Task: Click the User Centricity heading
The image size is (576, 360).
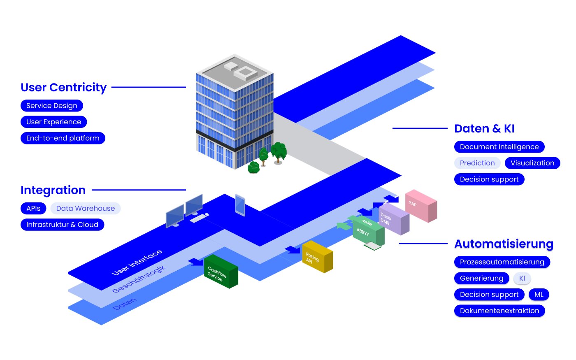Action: [x=63, y=88]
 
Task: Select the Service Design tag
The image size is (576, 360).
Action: [x=52, y=106]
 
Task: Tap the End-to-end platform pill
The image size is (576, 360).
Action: [x=63, y=138]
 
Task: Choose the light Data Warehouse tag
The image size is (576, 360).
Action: [x=86, y=209]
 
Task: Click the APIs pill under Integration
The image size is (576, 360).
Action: [x=33, y=209]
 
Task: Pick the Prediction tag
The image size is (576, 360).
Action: [x=477, y=163]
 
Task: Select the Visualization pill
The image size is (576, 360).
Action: [x=532, y=163]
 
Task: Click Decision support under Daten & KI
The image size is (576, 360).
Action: [x=489, y=179]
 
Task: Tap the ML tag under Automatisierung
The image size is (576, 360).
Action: [x=539, y=295]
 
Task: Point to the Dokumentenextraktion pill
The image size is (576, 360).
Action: [x=499, y=311]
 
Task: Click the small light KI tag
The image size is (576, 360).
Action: [x=522, y=279]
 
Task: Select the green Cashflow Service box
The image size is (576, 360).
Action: [x=221, y=272]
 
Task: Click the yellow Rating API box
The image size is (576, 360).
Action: [x=317, y=257]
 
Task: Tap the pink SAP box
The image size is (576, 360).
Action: [x=420, y=205]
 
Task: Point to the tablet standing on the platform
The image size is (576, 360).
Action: [x=240, y=205]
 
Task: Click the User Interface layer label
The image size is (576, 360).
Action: [x=137, y=262]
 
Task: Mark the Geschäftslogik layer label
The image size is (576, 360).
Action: [x=139, y=279]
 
